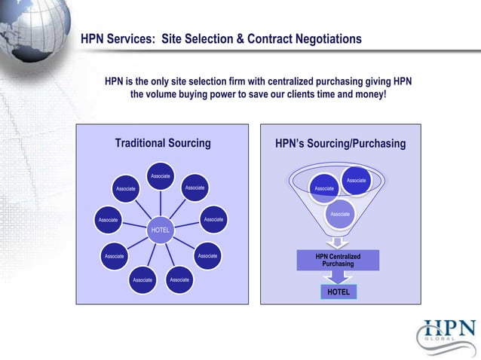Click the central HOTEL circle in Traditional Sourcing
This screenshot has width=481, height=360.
pos(160,229)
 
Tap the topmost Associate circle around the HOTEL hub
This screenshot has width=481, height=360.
pos(160,176)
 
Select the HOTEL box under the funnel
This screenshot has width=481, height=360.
pos(338,291)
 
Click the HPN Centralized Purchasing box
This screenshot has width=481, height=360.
pos(338,261)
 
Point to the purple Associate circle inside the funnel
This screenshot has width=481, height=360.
pos(340,214)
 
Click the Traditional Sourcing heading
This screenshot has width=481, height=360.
pos(162,144)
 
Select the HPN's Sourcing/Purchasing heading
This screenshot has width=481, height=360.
pos(340,144)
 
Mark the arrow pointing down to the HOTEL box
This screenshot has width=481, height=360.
pos(338,277)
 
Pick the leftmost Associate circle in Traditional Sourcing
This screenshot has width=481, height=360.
pos(108,220)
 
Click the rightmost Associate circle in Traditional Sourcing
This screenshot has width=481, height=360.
pos(213,220)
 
